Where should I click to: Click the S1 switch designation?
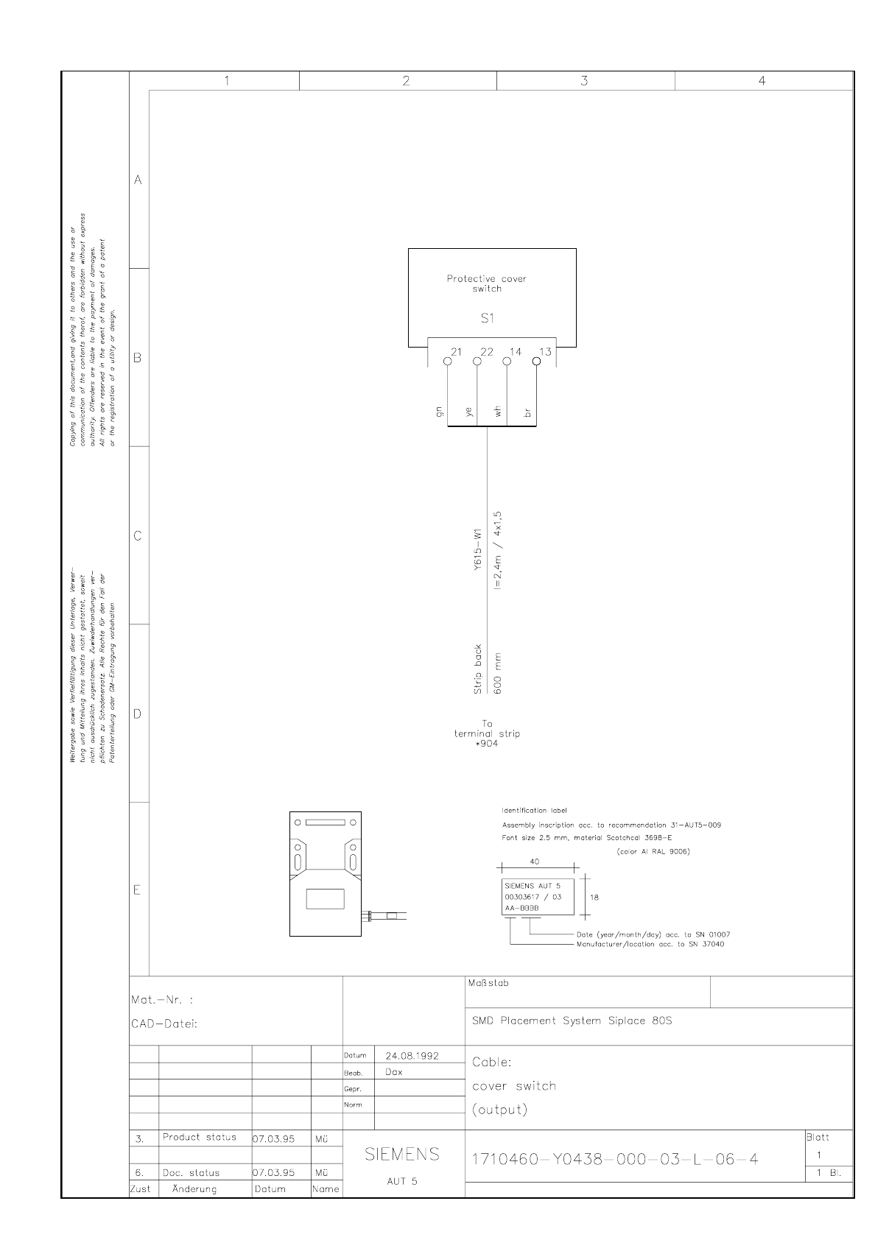tap(488, 319)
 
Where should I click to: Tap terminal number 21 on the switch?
tap(457, 352)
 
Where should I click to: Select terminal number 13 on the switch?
tap(545, 352)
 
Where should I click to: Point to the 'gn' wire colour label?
tap(440, 413)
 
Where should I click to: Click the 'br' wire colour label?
tap(527, 413)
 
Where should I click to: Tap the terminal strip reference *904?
tap(487, 744)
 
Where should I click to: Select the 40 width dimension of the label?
tap(535, 861)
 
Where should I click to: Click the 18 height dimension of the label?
tap(594, 898)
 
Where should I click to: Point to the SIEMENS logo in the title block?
tap(403, 1154)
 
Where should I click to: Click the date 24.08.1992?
tap(412, 1055)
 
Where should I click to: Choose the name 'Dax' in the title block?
tap(394, 1072)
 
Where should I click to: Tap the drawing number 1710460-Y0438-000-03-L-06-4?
tap(614, 1160)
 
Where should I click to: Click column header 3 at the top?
tap(584, 81)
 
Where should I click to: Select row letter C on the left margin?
tap(138, 536)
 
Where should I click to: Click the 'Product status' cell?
tap(200, 1137)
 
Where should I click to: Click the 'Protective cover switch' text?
tap(487, 283)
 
